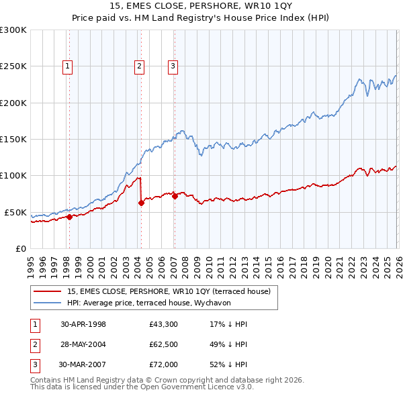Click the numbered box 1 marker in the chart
pyautogui.click(x=69, y=66)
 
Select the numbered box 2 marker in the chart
pyautogui.click(x=139, y=66)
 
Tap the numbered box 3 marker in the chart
pyautogui.click(x=173, y=66)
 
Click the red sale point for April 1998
pyautogui.click(x=69, y=217)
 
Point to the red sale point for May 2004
pyautogui.click(x=141, y=203)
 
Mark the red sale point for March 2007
pyautogui.click(x=175, y=196)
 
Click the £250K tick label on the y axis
pyautogui.click(x=13, y=66)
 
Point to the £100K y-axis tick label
pyautogui.click(x=13, y=175)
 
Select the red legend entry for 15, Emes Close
pyautogui.click(x=168, y=291)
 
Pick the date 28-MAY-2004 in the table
pyautogui.click(x=83, y=345)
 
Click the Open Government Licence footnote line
pyautogui.click(x=142, y=387)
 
